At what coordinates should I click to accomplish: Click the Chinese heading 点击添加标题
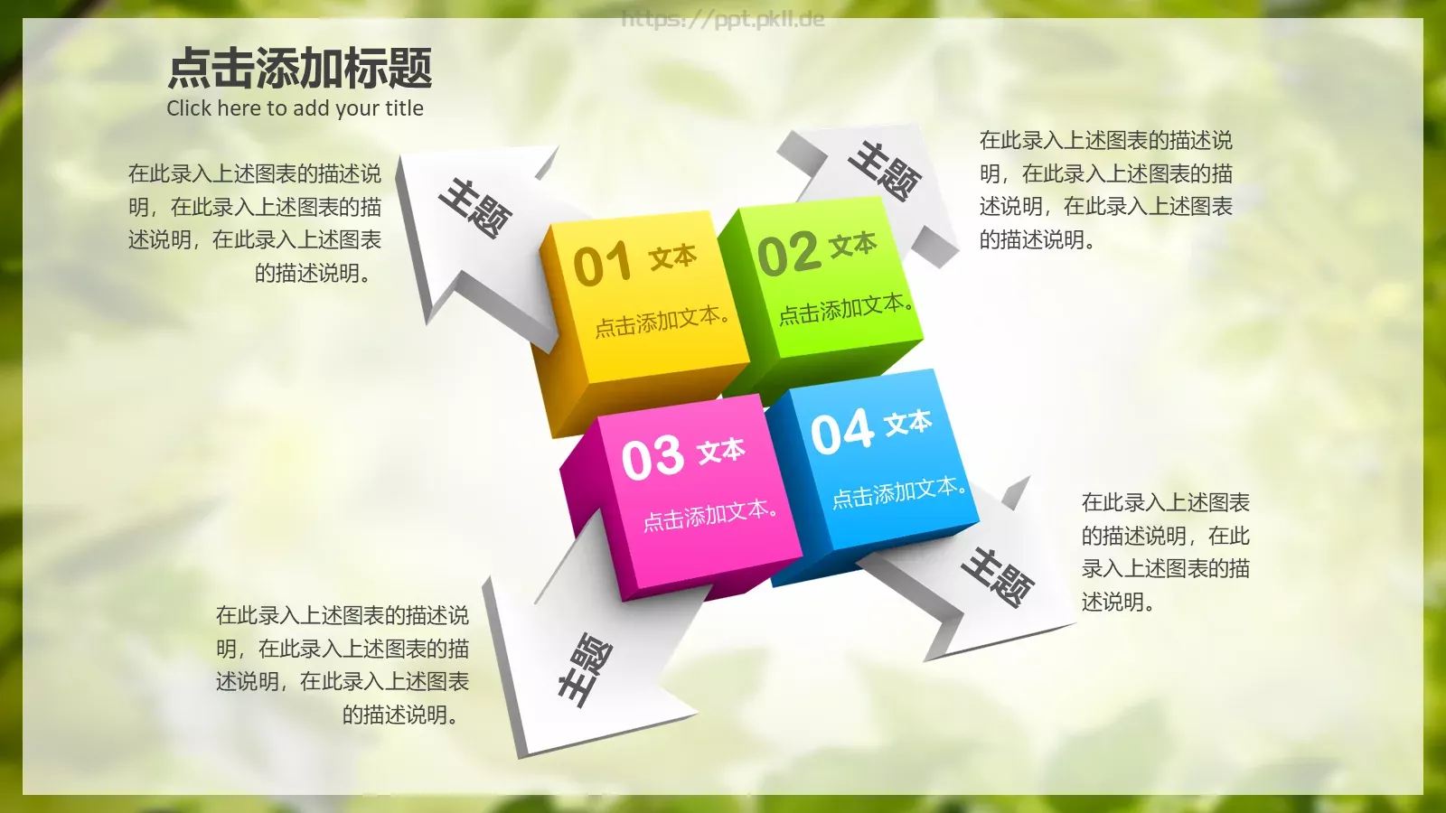pyautogui.click(x=300, y=69)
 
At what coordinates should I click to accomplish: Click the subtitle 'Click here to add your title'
pyautogui.click(x=295, y=108)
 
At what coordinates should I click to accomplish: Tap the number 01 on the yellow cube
pyautogui.click(x=602, y=264)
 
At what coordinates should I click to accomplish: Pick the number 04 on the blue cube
pyautogui.click(x=842, y=431)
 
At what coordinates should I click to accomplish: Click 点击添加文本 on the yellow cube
pyautogui.click(x=662, y=321)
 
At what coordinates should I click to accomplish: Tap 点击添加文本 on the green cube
pyautogui.click(x=845, y=308)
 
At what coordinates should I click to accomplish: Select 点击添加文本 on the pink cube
pyautogui.click(x=709, y=515)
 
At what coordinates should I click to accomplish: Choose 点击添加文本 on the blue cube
pyautogui.click(x=898, y=492)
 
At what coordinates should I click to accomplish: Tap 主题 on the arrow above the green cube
pyautogui.click(x=885, y=170)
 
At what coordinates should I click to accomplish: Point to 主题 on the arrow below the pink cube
pyautogui.click(x=584, y=669)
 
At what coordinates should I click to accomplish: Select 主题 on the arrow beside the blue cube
pyautogui.click(x=998, y=577)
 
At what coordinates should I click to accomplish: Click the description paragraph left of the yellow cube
pyautogui.click(x=255, y=223)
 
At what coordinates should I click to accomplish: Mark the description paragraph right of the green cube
pyautogui.click(x=1106, y=190)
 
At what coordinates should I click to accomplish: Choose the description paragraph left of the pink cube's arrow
pyautogui.click(x=343, y=665)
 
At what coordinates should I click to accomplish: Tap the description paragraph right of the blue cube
pyautogui.click(x=1165, y=552)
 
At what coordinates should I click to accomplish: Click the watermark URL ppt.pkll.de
pyautogui.click(x=723, y=19)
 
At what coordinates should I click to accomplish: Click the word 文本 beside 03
pyautogui.click(x=721, y=451)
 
